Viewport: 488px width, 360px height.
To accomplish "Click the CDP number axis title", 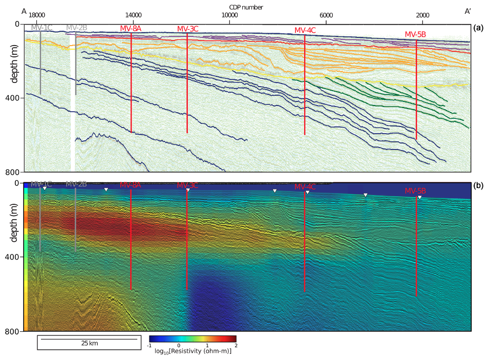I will coord(244,7).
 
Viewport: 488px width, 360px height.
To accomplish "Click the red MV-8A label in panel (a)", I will coord(131,29).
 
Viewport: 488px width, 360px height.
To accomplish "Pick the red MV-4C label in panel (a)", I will coord(305,30).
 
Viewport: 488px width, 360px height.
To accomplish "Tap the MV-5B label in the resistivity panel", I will coord(415,191).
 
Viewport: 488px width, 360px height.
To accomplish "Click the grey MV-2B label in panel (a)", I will coord(76,28).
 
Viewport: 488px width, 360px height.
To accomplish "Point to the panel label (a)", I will coord(479,28).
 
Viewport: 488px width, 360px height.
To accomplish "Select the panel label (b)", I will coord(479,186).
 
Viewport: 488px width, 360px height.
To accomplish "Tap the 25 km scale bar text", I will coord(89,343).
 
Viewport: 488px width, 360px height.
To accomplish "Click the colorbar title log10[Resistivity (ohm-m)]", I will coord(193,351).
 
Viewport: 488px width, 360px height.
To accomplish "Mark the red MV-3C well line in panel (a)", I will coord(187,82).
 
